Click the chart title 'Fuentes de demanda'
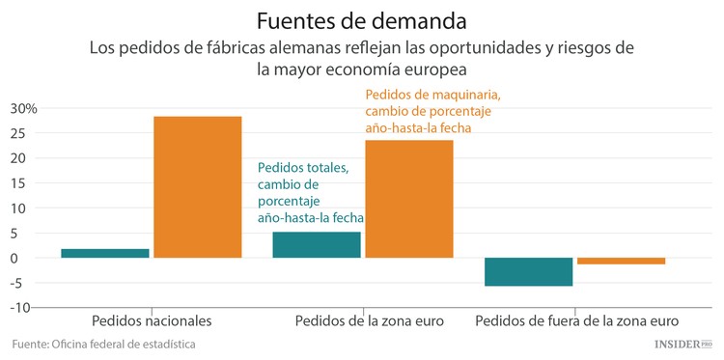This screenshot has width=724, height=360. click(361, 19)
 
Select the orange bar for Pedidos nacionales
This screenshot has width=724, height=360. click(198, 186)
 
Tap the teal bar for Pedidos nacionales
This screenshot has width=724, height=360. click(105, 253)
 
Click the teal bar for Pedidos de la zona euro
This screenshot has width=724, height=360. click(317, 244)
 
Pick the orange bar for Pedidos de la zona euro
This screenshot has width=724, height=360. click(409, 199)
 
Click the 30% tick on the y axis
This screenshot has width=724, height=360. click(23, 108)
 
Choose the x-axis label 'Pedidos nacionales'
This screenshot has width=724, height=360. click(152, 320)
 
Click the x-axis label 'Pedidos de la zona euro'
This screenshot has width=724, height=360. click(369, 320)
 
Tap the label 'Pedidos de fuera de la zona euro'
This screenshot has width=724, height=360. click(577, 320)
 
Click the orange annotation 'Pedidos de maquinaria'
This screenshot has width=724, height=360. click(432, 95)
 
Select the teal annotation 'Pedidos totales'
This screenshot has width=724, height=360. click(303, 168)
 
